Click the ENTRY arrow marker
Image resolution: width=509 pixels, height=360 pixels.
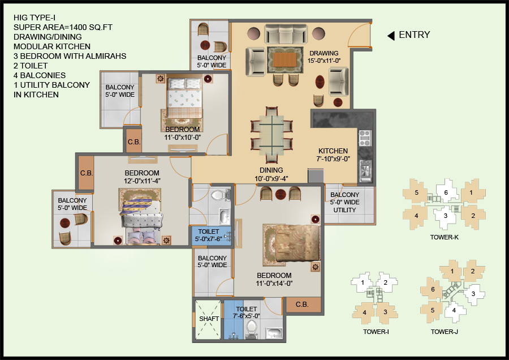tap(390, 36)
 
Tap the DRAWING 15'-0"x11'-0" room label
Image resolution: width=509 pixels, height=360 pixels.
tap(324, 57)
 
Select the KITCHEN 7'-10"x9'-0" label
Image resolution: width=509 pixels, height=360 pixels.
tap(333, 155)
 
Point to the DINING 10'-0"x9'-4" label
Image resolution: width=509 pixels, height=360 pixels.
tap(271, 174)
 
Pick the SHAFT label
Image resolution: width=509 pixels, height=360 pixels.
tap(208, 319)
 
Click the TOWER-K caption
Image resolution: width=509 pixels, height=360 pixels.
tap(444, 237)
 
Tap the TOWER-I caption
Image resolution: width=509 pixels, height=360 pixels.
tap(376, 332)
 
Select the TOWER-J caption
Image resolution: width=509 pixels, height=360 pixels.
tap(444, 332)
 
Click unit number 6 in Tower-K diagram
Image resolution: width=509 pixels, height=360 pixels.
tap(446, 193)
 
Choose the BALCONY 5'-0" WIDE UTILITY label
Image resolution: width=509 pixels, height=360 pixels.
tap(344, 203)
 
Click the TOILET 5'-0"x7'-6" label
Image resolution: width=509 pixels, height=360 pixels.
tap(210, 235)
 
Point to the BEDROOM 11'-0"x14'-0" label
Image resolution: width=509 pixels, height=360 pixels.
tap(274, 280)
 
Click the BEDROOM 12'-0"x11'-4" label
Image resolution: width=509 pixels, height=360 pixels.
tap(142, 177)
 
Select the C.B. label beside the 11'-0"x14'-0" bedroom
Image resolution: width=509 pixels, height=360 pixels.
tap(301, 305)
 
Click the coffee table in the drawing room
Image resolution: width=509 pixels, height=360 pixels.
tap(284, 59)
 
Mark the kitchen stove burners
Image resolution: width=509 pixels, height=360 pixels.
tap(365, 136)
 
